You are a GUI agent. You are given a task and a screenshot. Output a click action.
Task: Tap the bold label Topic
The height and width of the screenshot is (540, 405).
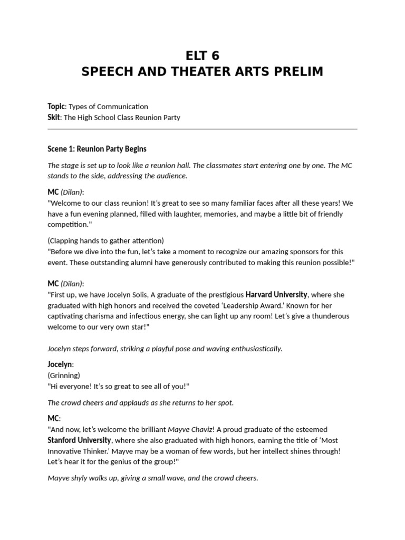coord(56,107)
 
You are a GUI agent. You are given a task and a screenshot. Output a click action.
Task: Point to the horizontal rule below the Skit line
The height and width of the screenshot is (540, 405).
coord(202,129)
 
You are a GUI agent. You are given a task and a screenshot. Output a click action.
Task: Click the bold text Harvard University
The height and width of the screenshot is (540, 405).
coord(276,295)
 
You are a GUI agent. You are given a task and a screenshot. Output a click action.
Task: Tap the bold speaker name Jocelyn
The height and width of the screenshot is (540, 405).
coord(60,364)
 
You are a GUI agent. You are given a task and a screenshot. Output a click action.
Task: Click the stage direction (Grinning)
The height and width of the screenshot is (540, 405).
coord(64,375)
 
